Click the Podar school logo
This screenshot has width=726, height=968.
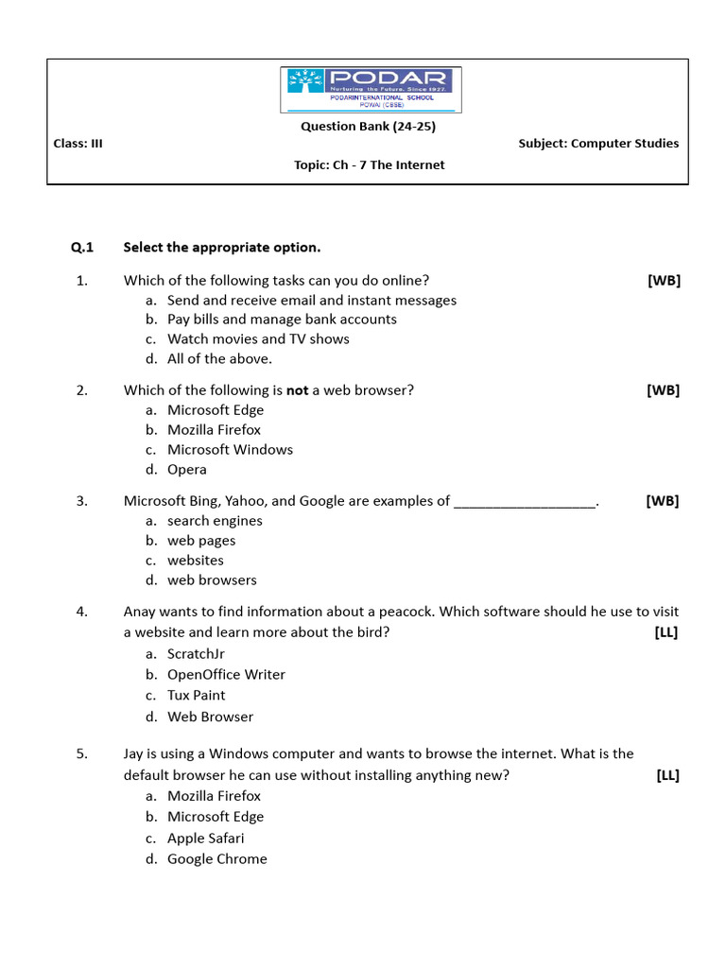click(x=371, y=92)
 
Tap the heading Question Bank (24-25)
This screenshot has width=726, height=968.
click(x=368, y=126)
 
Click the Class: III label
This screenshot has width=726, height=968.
click(x=78, y=144)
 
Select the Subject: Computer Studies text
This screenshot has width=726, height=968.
click(x=598, y=144)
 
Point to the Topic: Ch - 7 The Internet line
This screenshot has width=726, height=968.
click(x=369, y=164)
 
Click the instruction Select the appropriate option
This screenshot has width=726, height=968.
click(x=222, y=248)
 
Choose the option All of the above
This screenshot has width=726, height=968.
click(x=219, y=358)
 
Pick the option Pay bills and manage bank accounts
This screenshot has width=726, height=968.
click(x=282, y=320)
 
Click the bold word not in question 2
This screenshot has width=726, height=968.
click(x=297, y=389)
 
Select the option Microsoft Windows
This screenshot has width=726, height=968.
click(x=230, y=450)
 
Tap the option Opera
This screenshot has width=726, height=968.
click(x=187, y=470)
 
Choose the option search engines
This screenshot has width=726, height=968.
click(x=215, y=521)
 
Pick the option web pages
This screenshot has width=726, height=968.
click(x=201, y=541)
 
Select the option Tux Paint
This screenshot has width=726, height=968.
click(x=197, y=696)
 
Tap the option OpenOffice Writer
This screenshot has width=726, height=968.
click(x=226, y=675)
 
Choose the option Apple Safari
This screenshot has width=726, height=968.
click(x=205, y=838)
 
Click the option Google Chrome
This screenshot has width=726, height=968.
click(x=216, y=859)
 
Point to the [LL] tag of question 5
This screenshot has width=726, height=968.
click(x=667, y=776)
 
